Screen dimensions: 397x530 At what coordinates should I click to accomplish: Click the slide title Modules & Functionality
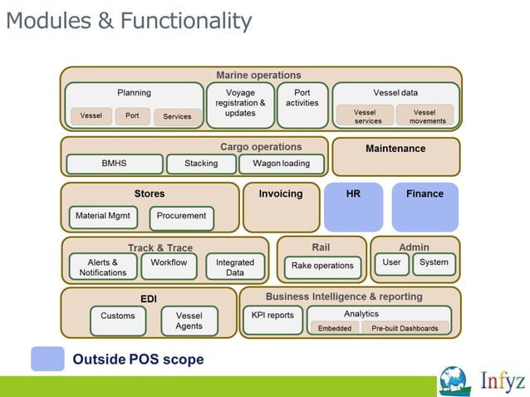(129, 20)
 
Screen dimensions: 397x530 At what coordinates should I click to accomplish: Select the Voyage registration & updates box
(240, 104)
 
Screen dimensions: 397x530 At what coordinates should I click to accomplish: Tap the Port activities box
(302, 104)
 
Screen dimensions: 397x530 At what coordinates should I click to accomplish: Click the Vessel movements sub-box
(424, 115)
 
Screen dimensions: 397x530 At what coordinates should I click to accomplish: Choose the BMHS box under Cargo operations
(114, 164)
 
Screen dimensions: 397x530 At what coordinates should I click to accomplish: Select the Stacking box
(201, 164)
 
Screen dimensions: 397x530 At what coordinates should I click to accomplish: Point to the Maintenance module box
(395, 156)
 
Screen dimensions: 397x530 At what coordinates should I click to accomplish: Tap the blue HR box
(353, 207)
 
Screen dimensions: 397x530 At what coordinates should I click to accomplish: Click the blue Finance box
(424, 207)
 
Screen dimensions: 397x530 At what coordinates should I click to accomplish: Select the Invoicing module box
(281, 207)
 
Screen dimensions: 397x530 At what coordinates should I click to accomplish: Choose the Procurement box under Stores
(181, 217)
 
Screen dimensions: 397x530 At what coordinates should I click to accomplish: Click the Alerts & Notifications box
(103, 267)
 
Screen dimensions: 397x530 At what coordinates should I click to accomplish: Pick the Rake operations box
(321, 267)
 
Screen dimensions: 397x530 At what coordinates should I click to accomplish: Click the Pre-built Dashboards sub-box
(405, 328)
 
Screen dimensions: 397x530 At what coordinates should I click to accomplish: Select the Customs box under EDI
(118, 320)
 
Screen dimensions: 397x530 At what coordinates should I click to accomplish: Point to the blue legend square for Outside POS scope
(47, 359)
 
